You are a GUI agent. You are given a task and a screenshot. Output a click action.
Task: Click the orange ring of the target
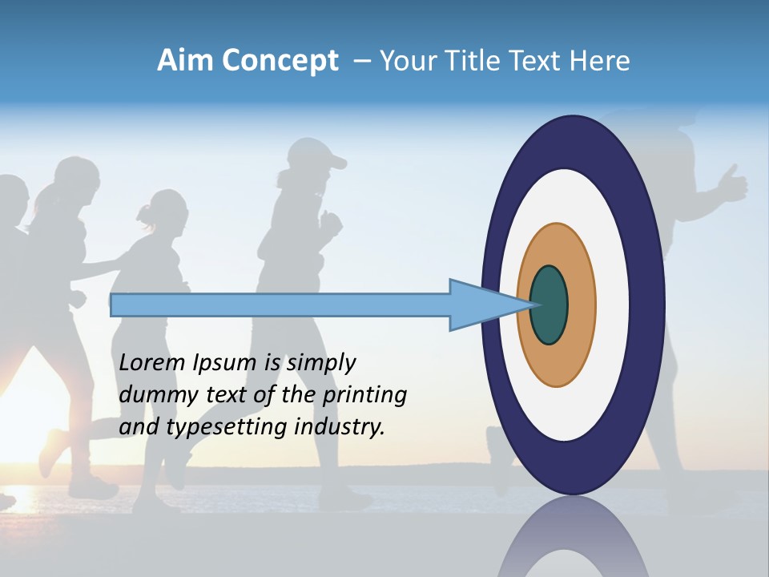[580, 305]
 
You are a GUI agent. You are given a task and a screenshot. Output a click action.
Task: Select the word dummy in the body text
[153, 395]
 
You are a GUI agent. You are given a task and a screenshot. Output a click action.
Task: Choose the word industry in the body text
[340, 427]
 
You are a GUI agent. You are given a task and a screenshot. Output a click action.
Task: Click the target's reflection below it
[574, 541]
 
